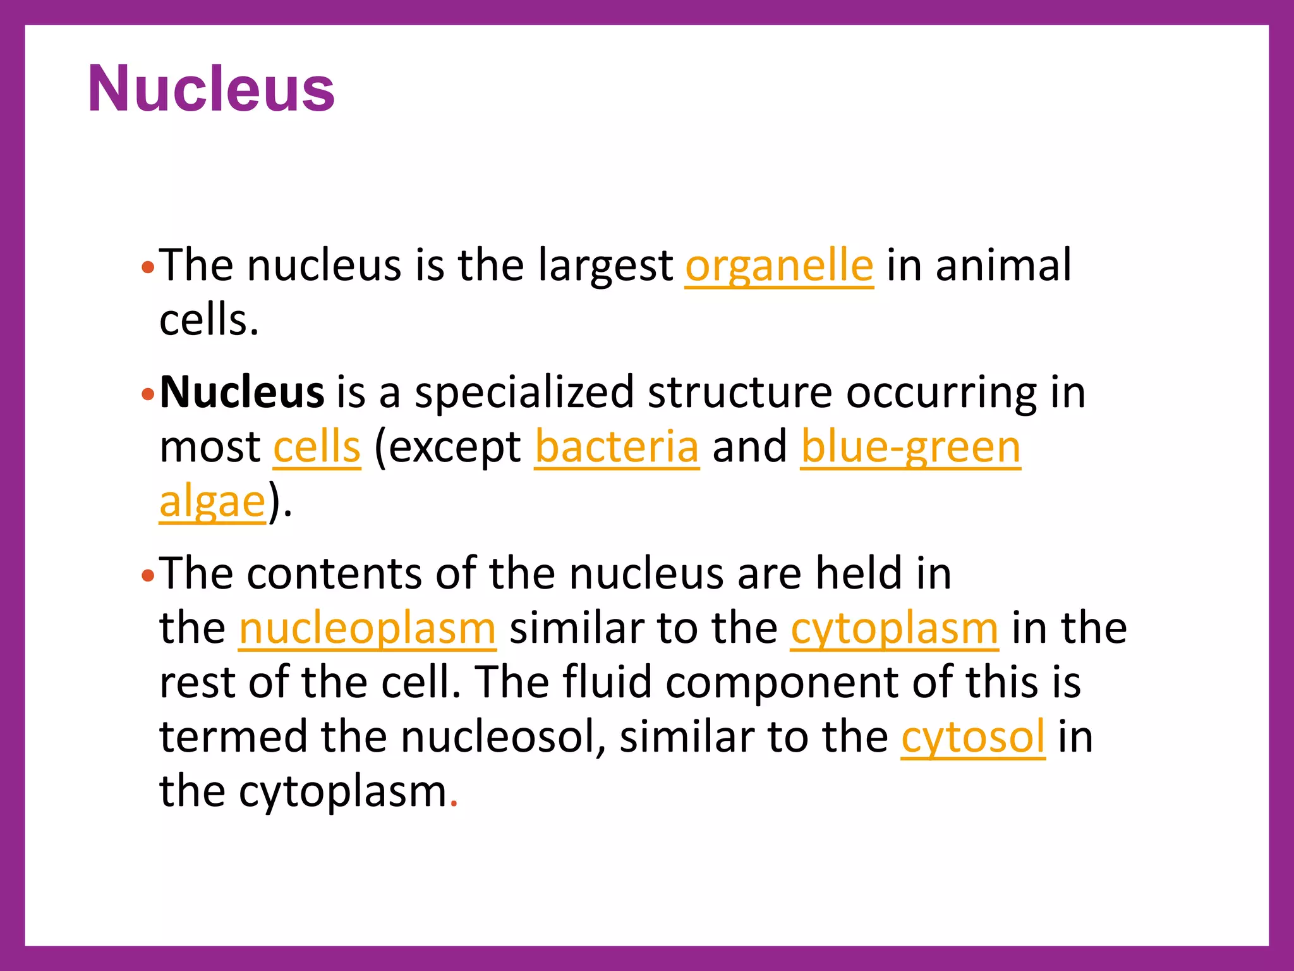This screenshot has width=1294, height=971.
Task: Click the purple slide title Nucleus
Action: point(211,89)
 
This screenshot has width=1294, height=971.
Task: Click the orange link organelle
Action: point(779,266)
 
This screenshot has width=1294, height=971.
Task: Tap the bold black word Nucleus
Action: point(242,393)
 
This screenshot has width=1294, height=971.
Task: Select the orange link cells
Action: point(317,447)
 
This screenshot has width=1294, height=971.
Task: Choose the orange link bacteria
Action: point(617,447)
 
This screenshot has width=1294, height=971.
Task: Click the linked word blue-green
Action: point(910,447)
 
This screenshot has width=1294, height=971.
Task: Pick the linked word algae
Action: point(212,502)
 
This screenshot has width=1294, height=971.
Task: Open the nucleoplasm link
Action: point(367,628)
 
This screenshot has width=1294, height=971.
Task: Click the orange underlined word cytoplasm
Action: point(894,628)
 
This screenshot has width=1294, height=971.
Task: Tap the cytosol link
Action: point(972,737)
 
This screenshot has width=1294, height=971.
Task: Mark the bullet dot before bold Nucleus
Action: point(148,395)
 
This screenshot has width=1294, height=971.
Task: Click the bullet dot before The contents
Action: point(148,576)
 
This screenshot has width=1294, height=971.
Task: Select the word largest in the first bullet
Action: point(605,266)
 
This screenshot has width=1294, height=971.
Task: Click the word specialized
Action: point(524,393)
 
